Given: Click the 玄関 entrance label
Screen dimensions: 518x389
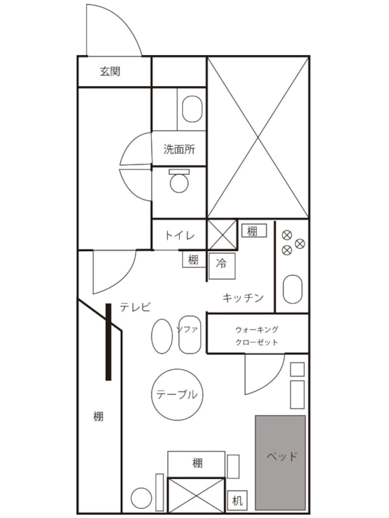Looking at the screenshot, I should [110, 72].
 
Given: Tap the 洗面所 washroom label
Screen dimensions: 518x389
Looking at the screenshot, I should [179, 150].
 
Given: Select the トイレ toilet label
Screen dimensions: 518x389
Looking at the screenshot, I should [179, 236].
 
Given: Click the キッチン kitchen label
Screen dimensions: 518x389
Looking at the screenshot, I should [243, 298].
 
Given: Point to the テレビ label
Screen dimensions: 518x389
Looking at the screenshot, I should [136, 307].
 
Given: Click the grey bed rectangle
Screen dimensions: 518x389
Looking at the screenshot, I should [281, 462].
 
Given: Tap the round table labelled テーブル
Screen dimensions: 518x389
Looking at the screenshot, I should [177, 394].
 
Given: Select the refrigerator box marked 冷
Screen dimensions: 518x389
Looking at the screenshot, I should [222, 265].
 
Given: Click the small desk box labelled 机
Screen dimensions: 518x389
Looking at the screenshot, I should [237, 501].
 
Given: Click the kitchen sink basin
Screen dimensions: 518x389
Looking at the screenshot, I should [292, 289].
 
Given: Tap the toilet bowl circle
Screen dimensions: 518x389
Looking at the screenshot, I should [179, 183].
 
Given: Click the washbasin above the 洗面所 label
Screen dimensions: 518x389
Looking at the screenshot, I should [192, 109].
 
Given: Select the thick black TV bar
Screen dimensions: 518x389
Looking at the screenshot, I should [108, 342].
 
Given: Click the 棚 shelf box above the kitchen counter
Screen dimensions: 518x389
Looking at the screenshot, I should [253, 231].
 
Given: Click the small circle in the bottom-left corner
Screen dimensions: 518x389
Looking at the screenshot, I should [141, 499].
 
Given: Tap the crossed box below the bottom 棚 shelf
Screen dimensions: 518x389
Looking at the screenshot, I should [196, 495].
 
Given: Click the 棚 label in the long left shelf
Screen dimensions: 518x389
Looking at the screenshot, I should [99, 416].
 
